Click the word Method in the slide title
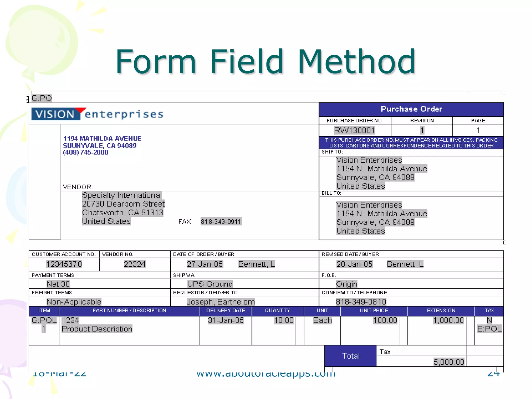coord(356,62)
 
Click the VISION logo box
coord(55,114)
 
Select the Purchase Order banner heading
coord(411,109)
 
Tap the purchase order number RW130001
coord(354,130)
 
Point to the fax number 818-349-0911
coord(221,222)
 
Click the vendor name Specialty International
coord(122,195)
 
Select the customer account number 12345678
coord(64,264)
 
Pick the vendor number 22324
coord(134,264)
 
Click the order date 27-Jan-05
coord(205,264)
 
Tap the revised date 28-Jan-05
coord(354,264)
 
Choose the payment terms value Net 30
coord(58,284)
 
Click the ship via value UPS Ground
coord(210,284)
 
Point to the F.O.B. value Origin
coord(347,284)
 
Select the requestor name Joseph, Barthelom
coord(221,302)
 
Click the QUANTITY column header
coord(277,310)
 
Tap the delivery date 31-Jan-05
coord(226,320)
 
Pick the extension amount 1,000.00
coord(448,320)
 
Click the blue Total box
coord(350,356)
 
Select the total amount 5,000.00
coord(449,362)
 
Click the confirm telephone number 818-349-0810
coord(361,302)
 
